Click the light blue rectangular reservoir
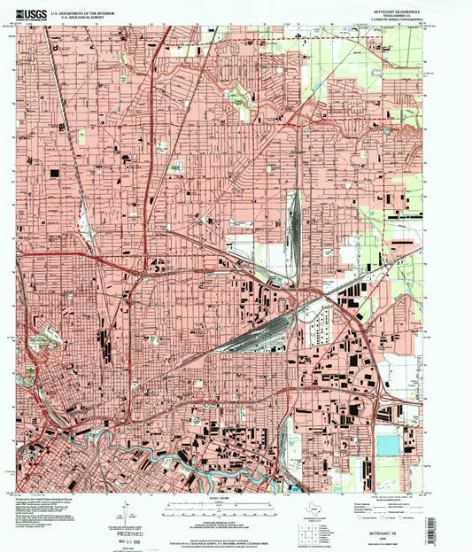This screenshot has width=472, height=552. [x=387, y=445]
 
